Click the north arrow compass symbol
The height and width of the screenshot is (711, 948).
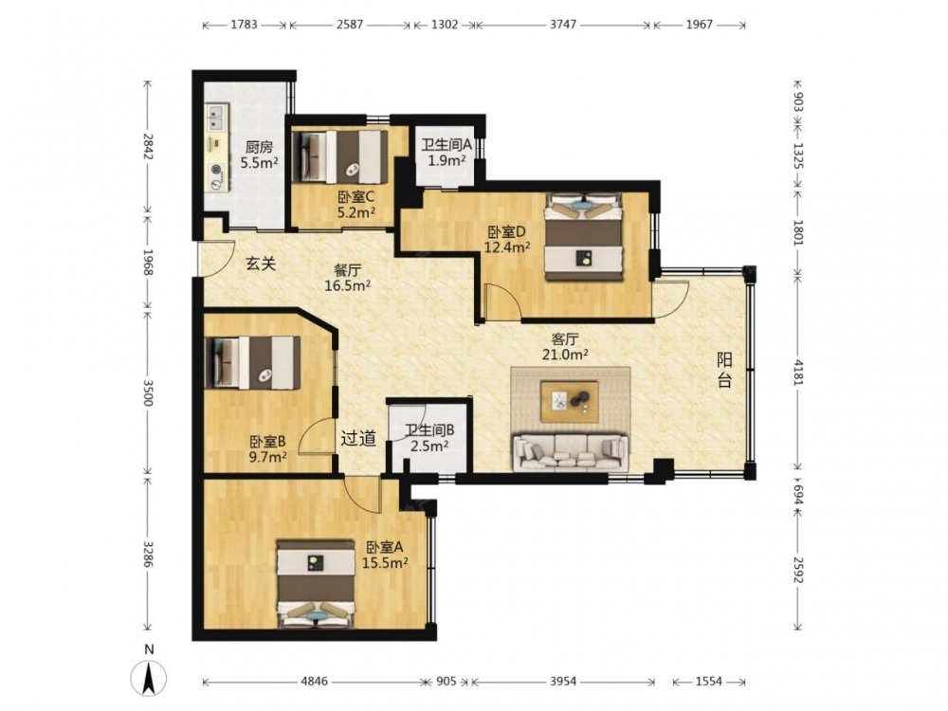tap(149, 678)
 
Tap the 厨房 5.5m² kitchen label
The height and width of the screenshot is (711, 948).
tap(259, 155)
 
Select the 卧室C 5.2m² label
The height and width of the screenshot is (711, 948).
tap(356, 204)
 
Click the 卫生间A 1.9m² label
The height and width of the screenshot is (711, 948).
tap(447, 153)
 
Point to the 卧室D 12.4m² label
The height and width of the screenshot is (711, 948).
tap(507, 239)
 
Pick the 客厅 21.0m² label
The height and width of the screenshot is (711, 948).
tap(565, 346)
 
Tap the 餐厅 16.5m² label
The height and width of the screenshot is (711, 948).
tap(347, 278)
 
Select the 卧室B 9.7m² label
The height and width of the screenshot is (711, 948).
tap(268, 449)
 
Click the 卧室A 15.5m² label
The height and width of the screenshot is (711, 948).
tap(385, 555)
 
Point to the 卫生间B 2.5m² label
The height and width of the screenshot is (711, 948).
tap(429, 438)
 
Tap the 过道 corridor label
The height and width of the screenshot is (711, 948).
tap(358, 438)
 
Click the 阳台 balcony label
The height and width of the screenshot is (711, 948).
tap(724, 370)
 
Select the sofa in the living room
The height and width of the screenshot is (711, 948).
tap(572, 451)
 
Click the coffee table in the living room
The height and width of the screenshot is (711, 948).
tap(570, 401)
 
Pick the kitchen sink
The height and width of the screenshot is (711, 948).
tap(216, 118)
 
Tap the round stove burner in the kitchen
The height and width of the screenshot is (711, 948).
tap(217, 171)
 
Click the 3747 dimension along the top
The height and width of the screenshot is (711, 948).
tap(563, 25)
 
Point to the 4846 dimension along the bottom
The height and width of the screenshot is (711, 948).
tap(315, 682)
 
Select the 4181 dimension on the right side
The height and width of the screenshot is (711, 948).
tap(798, 372)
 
